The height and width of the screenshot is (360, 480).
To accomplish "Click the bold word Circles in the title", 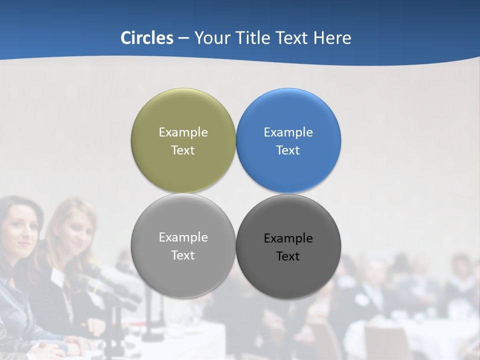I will coord(147,38).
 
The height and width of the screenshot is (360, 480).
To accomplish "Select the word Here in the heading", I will coord(332,38).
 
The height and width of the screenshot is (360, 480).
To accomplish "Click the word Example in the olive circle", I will coord(183,132).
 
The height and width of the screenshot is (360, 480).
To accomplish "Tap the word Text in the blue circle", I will coord(288,150).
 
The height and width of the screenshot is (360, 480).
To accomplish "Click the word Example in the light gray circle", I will coord(183,237).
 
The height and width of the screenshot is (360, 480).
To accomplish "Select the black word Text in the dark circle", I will coord(288,256).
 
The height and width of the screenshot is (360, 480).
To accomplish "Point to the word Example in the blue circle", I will coord(288,132).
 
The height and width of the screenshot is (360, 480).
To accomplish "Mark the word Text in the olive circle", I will coord(183,150).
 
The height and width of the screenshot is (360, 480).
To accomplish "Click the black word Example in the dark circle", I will coord(288,238).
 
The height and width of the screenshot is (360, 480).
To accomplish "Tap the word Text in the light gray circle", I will coord(183,255).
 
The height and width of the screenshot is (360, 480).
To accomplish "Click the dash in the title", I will coord(183,38).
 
